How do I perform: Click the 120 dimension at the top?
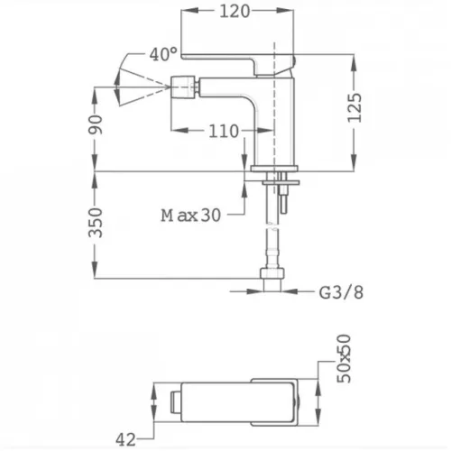pyautogui.click(x=235, y=12)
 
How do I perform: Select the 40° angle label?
pyautogui.click(x=163, y=54)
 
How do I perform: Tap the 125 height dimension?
pyautogui.click(x=354, y=107)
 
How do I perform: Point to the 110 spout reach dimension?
pyautogui.click(x=224, y=131)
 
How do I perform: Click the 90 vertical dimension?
pyautogui.click(x=96, y=124)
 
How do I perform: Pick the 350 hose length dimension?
pyautogui.click(x=96, y=223)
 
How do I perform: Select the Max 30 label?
pyautogui.click(x=191, y=216)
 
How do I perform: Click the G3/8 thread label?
pyautogui.click(x=341, y=292)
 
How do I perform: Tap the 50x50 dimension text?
pyautogui.click(x=344, y=359)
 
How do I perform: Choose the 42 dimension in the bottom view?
pyautogui.click(x=125, y=440)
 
